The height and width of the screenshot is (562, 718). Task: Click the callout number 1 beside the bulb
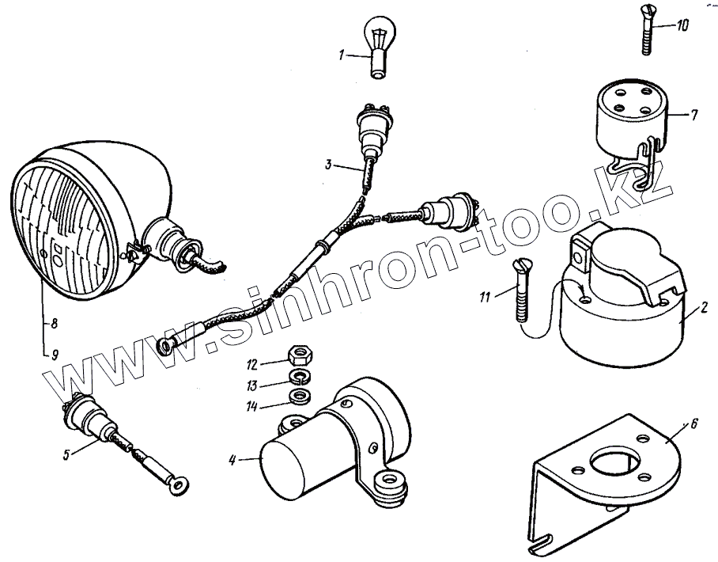[342, 55]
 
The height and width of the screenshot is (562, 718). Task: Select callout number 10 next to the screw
[681, 25]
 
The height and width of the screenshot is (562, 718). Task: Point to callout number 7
[693, 116]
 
